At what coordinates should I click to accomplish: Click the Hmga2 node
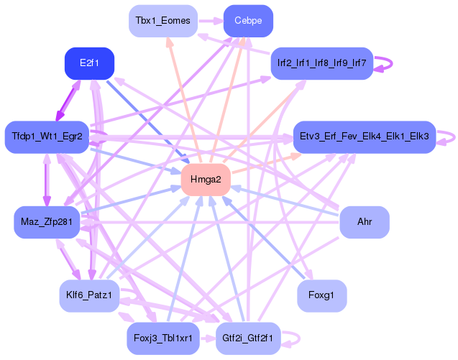click(206, 180)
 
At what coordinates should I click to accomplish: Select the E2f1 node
click(89, 63)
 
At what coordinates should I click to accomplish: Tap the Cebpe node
click(248, 21)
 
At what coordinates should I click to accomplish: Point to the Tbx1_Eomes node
click(163, 21)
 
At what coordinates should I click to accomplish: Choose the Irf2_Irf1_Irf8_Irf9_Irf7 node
click(322, 63)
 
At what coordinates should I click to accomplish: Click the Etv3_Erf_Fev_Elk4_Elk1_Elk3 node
click(365, 137)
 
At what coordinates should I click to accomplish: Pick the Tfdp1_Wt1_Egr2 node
click(47, 137)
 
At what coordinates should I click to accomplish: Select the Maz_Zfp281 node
click(47, 222)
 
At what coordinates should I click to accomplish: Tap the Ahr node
click(365, 222)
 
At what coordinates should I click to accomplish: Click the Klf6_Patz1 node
click(89, 296)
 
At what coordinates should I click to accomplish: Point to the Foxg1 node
click(322, 296)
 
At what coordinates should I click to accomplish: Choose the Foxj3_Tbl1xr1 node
click(163, 338)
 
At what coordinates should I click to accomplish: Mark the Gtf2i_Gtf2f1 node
click(248, 338)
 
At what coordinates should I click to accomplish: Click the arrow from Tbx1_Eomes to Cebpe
click(211, 21)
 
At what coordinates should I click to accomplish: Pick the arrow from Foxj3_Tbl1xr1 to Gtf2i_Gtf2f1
click(208, 338)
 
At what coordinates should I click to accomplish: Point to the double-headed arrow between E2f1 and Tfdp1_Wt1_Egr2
click(68, 100)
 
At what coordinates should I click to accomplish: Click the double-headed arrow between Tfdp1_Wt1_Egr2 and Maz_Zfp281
click(47, 180)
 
